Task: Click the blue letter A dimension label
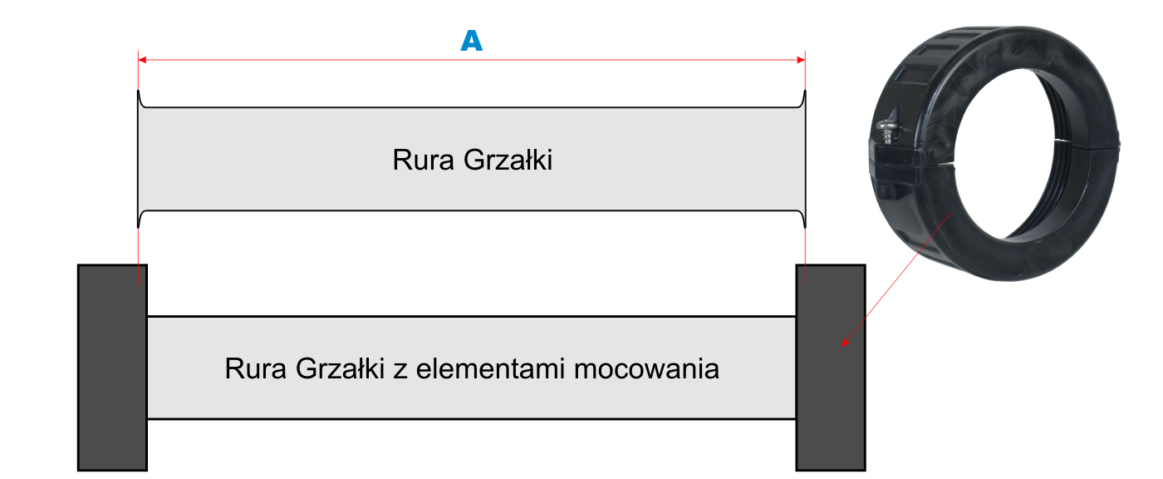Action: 472,41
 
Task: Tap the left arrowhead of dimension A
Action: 142,60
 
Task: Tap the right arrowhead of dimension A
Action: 801,60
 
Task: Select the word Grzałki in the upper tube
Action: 508,160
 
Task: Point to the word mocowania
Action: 647,369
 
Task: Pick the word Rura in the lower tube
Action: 256,369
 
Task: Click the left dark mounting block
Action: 113,368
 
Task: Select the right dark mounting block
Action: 831,368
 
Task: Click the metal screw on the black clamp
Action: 887,131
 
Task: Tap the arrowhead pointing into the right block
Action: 845,343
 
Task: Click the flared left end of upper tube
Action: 140,159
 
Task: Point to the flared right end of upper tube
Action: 803,159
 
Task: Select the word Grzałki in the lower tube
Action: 340,369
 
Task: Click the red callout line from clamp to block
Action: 897,278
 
